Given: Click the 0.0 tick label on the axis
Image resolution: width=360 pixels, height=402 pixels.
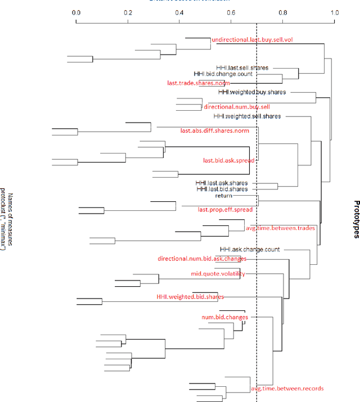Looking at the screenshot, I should [x=76, y=12].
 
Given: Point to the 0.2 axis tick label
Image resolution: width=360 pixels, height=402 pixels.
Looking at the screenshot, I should [x=128, y=12].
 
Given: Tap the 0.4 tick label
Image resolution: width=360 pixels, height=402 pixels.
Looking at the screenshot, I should [x=179, y=12].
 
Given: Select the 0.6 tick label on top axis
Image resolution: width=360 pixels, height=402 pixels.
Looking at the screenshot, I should [x=231, y=12].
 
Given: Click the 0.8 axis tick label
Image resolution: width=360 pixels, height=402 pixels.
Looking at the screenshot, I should [x=283, y=12].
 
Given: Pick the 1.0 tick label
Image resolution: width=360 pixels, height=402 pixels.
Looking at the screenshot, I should [x=334, y=12].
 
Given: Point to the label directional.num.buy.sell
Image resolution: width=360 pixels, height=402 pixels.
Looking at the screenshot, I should [x=237, y=106].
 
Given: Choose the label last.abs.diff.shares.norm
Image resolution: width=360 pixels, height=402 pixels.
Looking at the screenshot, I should [x=214, y=131].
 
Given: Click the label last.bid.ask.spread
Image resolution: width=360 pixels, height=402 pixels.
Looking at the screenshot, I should [x=228, y=160].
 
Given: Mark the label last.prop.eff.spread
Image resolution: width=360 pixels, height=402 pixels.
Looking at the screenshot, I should [x=224, y=209].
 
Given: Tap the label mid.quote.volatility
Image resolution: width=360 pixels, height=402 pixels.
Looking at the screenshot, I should [x=218, y=274].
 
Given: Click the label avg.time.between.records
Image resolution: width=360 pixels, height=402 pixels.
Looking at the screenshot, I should [x=287, y=389].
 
